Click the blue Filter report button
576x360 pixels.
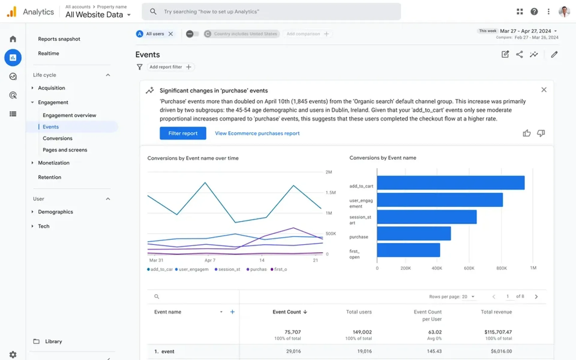coord(183,133)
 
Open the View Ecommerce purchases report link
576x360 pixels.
coord(257,133)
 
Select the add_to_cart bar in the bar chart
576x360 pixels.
coord(451,183)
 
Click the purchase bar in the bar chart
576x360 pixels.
coord(414,233)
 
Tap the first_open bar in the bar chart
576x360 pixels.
coord(408,250)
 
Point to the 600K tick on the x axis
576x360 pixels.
coord(469,268)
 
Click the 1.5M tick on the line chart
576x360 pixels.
coord(331,193)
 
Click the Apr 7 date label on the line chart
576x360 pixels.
coord(210,260)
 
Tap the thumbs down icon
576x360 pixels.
coord(541,133)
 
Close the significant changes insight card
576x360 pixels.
coord(544,90)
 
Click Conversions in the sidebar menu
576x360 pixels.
coord(58,138)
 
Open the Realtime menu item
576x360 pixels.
coord(49,53)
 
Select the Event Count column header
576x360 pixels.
coord(287,312)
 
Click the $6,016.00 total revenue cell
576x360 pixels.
coord(501,351)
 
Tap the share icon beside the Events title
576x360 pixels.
coord(519,54)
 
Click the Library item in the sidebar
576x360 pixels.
coord(53,341)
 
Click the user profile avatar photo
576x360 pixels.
coord(564,11)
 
